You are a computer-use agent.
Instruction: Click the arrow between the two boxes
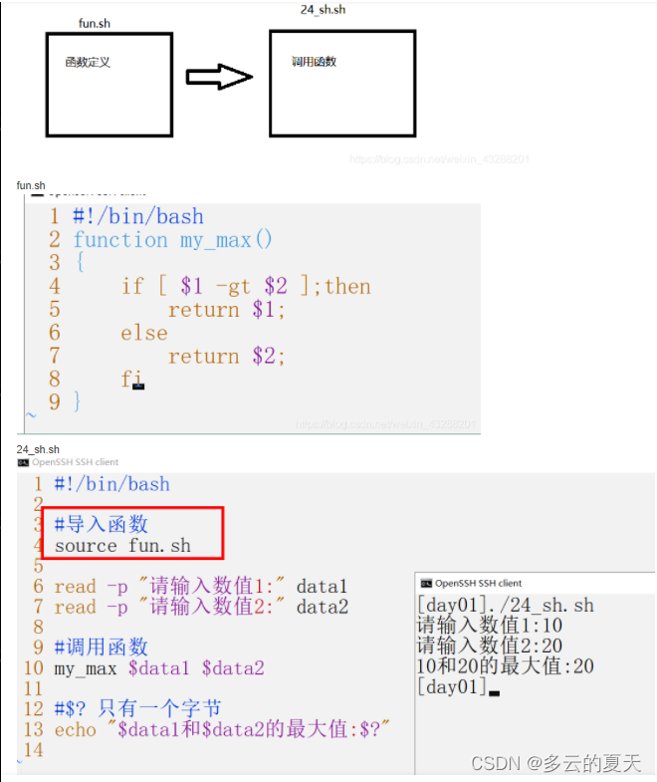tap(220, 78)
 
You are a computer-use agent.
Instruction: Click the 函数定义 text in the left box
tap(88, 62)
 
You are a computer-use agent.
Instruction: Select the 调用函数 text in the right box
tap(314, 62)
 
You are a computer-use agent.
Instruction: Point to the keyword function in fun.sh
tap(120, 240)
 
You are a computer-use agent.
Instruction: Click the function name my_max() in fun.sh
tap(226, 240)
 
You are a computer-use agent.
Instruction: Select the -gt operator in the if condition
tap(234, 287)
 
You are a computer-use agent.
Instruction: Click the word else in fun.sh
tap(144, 333)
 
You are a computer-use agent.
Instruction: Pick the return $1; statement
tap(227, 310)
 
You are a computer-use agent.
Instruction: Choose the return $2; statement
tap(227, 357)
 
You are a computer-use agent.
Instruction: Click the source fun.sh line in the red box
tap(122, 546)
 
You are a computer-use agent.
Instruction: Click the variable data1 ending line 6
tap(323, 587)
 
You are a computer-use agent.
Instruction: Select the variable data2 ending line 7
tap(323, 608)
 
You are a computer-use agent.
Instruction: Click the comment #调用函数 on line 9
tap(102, 648)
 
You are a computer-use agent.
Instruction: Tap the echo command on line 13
tap(76, 730)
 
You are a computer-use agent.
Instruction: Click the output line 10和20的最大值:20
tap(506, 666)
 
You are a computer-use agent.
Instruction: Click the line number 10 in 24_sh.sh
tap(33, 668)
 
